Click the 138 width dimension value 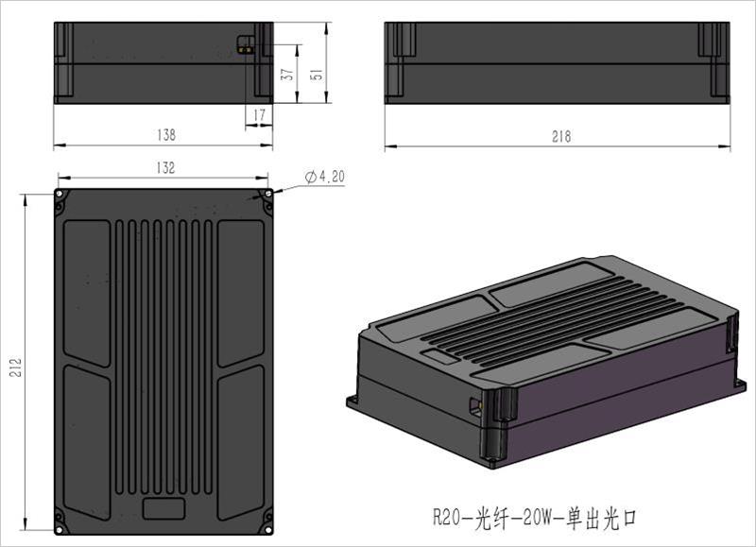pyautogui.click(x=165, y=136)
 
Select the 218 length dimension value pyautogui.click(x=561, y=137)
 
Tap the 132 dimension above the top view pyautogui.click(x=165, y=168)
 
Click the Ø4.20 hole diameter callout pyautogui.click(x=325, y=177)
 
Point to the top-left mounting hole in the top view pyautogui.click(x=60, y=194)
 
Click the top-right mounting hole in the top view pyautogui.click(x=268, y=194)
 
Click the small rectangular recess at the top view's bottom pyautogui.click(x=163, y=507)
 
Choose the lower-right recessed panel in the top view pyautogui.click(x=241, y=439)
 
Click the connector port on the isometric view pyautogui.click(x=475, y=405)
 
